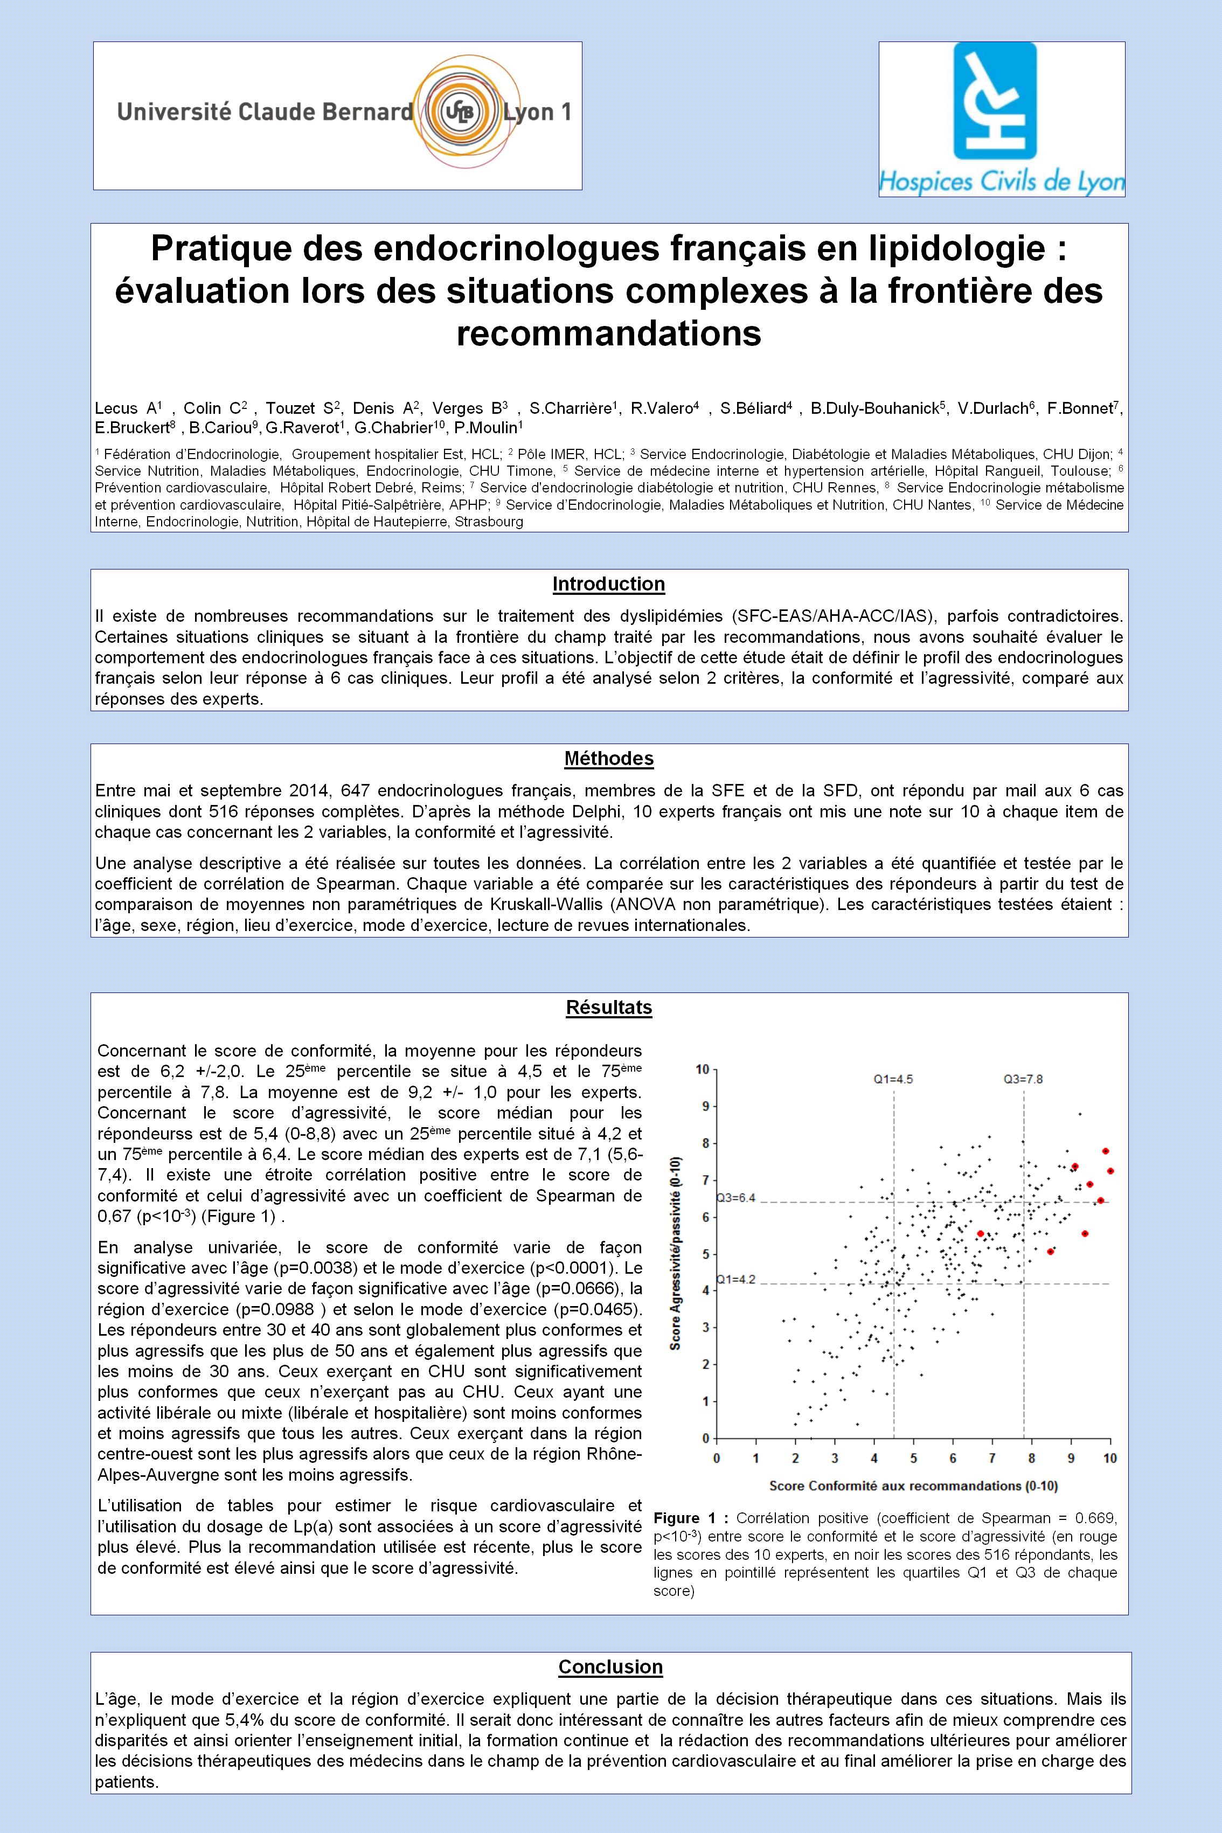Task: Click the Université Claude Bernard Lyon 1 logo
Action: [337, 115]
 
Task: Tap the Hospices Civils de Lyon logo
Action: [1002, 119]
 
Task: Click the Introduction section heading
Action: [609, 584]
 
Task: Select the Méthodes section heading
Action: [609, 758]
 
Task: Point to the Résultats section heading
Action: [609, 1008]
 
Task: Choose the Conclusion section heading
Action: [610, 1667]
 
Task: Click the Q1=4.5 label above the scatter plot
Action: [892, 1079]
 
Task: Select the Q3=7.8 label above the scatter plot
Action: [1023, 1079]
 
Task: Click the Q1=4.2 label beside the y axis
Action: [735, 1279]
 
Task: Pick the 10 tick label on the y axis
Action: [702, 1069]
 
